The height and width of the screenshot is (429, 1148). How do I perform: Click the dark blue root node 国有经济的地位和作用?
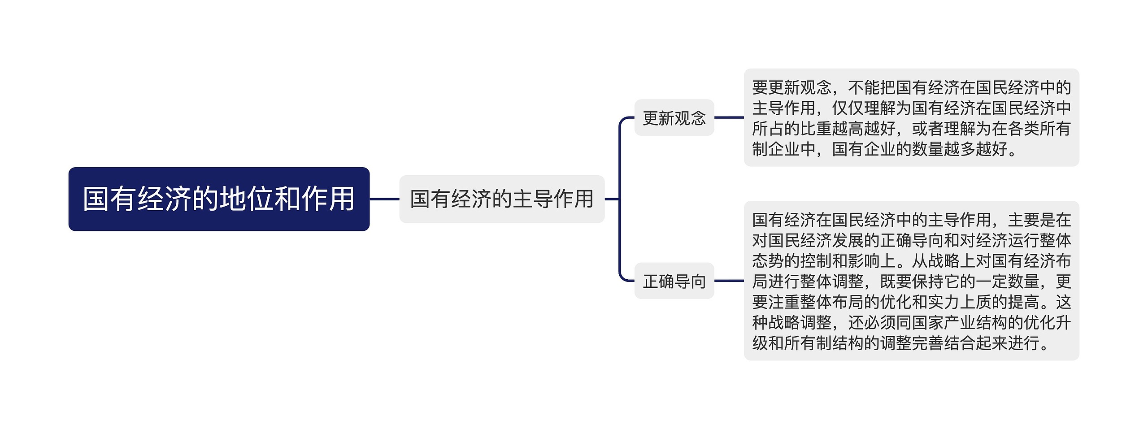[x=219, y=199]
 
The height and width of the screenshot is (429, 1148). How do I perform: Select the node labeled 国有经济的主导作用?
[x=502, y=199]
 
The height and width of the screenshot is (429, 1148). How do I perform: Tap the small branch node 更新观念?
[x=674, y=118]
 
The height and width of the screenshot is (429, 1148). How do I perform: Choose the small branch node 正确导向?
[x=674, y=281]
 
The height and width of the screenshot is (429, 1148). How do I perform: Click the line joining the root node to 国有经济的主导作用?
[x=384, y=199]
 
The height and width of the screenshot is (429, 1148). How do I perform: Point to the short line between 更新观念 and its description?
[x=729, y=118]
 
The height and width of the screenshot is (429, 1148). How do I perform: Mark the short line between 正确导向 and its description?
[x=729, y=281]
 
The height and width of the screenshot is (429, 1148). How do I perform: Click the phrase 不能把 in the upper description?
[x=872, y=87]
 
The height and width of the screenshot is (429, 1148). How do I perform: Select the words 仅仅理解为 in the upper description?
[x=872, y=108]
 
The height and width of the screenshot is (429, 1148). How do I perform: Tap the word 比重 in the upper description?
[x=816, y=129]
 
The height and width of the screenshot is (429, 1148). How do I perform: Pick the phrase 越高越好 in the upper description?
[x=864, y=129]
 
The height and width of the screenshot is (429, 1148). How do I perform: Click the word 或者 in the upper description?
[x=928, y=129]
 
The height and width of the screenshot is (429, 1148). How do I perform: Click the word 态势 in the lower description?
[x=768, y=261]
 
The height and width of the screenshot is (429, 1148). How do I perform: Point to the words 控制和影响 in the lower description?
[x=840, y=261]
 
